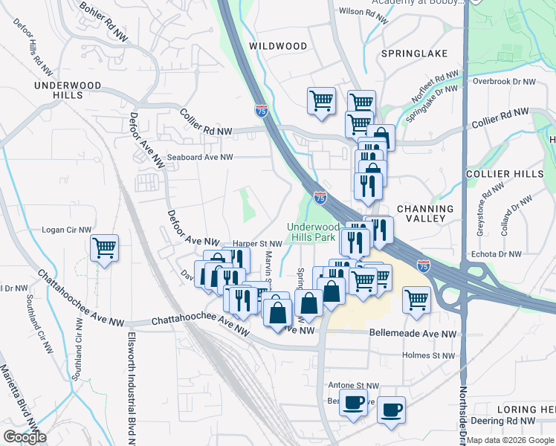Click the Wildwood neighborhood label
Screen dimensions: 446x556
(278, 46)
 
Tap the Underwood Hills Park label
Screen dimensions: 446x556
(314, 231)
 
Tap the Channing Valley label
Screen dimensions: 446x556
(430, 213)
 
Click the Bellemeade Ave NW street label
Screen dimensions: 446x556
(412, 335)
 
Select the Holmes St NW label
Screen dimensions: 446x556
(427, 356)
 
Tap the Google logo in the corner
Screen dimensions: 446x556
(25, 437)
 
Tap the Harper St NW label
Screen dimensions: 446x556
(257, 243)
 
